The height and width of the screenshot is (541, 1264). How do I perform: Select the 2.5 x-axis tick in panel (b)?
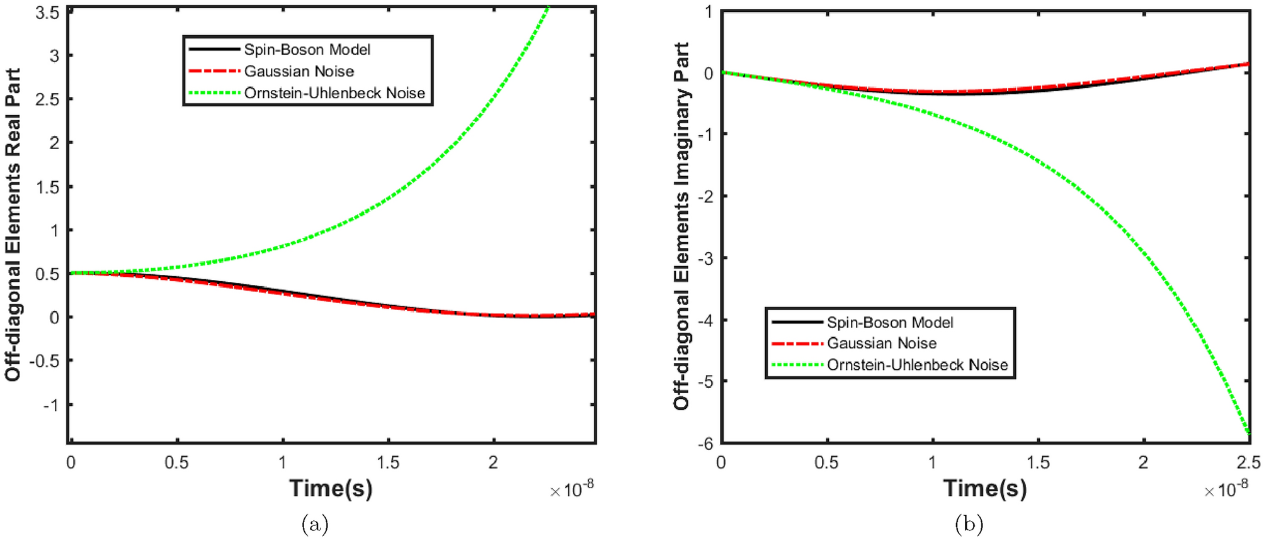click(1248, 463)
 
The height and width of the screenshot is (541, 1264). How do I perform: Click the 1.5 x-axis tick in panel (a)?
click(388, 463)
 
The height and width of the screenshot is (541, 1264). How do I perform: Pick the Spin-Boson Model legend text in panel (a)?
click(307, 50)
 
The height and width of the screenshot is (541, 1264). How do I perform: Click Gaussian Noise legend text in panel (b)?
click(881, 343)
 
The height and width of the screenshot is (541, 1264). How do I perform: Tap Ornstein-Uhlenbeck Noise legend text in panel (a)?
click(334, 93)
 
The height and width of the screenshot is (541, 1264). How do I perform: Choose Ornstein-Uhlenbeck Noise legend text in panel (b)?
click(917, 365)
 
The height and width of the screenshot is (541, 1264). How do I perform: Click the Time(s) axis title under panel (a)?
click(331, 488)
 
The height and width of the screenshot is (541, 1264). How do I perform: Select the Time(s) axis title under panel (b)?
click(984, 488)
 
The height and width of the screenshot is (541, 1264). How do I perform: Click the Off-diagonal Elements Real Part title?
click(13, 225)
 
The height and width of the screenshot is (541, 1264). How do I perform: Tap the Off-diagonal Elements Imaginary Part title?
click(681, 226)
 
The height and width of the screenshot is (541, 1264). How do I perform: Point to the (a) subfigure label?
click(315, 524)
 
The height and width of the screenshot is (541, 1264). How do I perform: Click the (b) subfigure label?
click(969, 524)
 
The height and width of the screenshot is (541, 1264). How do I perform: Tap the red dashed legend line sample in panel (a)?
click(214, 71)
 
